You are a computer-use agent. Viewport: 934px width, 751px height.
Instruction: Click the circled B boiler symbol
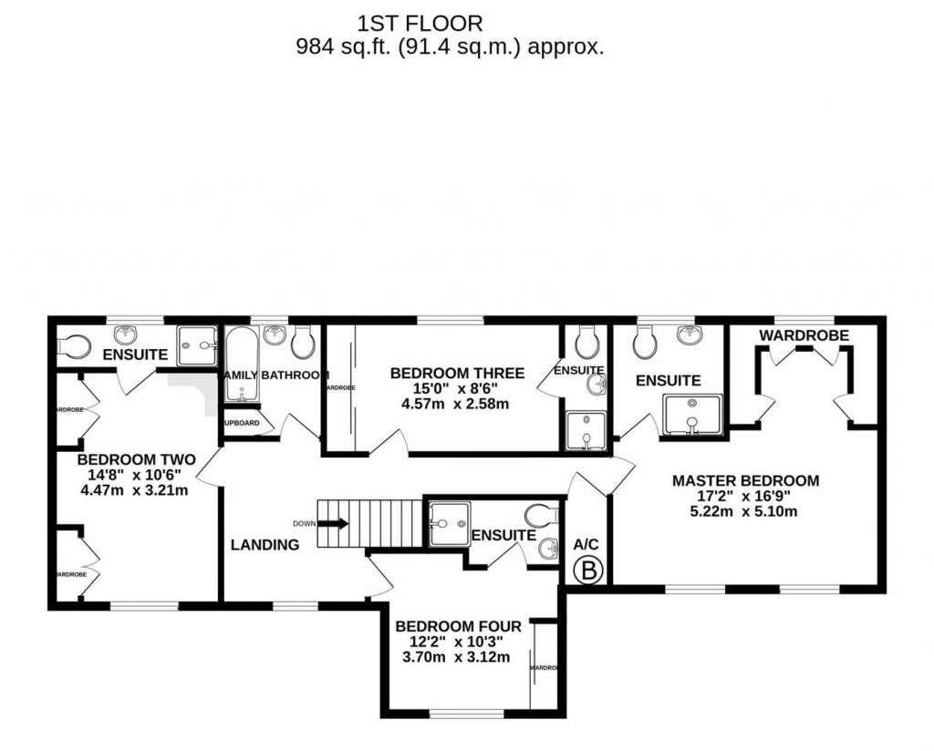point(589,571)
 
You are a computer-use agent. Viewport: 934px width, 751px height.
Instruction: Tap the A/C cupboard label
point(585,543)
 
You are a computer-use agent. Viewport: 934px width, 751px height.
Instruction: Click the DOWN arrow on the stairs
point(332,523)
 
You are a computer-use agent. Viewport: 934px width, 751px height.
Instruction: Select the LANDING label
point(265,545)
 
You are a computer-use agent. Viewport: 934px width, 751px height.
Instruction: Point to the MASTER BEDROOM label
point(745,480)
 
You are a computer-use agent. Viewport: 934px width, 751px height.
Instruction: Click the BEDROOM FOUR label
point(458,626)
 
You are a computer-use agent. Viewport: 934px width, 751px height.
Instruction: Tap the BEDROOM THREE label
point(457,373)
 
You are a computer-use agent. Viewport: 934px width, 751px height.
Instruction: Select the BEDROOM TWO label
point(135,460)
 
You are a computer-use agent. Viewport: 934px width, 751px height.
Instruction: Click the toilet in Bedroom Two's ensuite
point(73,345)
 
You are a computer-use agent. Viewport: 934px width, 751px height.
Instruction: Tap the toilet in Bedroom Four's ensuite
point(540,516)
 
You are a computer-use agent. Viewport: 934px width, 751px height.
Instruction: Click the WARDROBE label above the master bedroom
point(804,335)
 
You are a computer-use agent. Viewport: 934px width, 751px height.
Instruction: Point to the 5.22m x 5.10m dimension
point(745,511)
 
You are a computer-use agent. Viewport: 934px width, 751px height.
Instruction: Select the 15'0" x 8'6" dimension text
point(457,388)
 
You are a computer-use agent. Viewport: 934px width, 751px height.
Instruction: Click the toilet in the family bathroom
point(304,343)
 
